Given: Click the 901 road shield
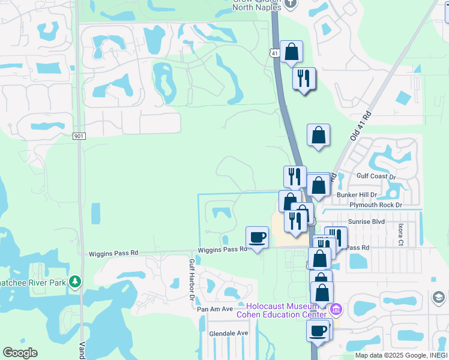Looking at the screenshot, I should click(x=79, y=136).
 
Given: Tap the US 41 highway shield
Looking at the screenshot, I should click(x=274, y=53).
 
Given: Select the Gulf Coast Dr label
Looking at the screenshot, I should click(x=376, y=176).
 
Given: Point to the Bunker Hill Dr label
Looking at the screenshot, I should click(x=356, y=195).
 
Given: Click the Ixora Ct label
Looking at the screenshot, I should click(x=400, y=232).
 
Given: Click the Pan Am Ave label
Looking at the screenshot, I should click(x=215, y=309).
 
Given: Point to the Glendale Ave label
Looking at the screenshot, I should click(x=228, y=333).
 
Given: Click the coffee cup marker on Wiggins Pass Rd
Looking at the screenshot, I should click(x=258, y=238).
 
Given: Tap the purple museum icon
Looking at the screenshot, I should click(x=335, y=310).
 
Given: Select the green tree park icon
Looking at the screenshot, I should click(x=74, y=281).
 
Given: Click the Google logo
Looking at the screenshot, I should click(x=20, y=353).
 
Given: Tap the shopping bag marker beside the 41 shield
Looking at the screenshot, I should click(x=291, y=52).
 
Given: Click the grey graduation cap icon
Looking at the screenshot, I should click(x=439, y=297).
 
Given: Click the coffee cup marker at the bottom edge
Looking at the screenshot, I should click(x=318, y=330).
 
